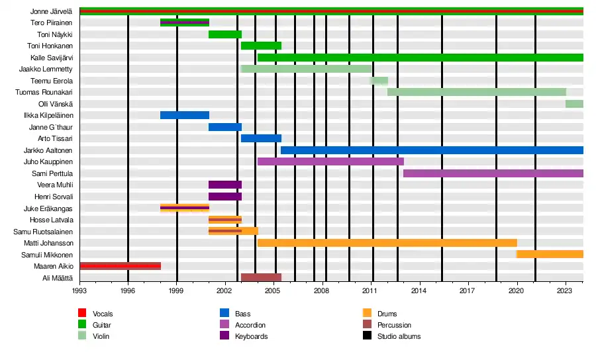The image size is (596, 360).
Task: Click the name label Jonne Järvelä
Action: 51,11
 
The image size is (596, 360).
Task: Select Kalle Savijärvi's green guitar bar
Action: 420,58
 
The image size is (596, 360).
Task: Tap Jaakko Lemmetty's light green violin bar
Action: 306,69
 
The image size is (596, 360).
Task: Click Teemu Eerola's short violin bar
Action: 379,81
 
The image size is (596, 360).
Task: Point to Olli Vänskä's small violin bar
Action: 574,104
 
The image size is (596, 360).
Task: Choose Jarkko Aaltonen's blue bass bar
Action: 432,150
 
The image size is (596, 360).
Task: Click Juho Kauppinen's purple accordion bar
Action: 330,161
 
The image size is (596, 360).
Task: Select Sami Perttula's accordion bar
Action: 493,173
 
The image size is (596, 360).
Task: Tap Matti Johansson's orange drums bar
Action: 387,243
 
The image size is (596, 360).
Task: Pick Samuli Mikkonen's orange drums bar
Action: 550,254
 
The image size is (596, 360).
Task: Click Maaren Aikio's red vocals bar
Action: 120,266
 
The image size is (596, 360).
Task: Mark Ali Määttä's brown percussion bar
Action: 261,277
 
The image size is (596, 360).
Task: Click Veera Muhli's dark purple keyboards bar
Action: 225,185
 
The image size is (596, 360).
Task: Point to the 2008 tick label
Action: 321,291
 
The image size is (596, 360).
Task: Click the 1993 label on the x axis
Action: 79,291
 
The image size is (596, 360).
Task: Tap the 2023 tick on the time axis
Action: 564,291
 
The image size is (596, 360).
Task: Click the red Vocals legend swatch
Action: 82,314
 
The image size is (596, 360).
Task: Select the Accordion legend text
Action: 250,325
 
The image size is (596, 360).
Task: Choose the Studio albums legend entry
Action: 399,336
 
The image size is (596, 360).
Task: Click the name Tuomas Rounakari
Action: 44,92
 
